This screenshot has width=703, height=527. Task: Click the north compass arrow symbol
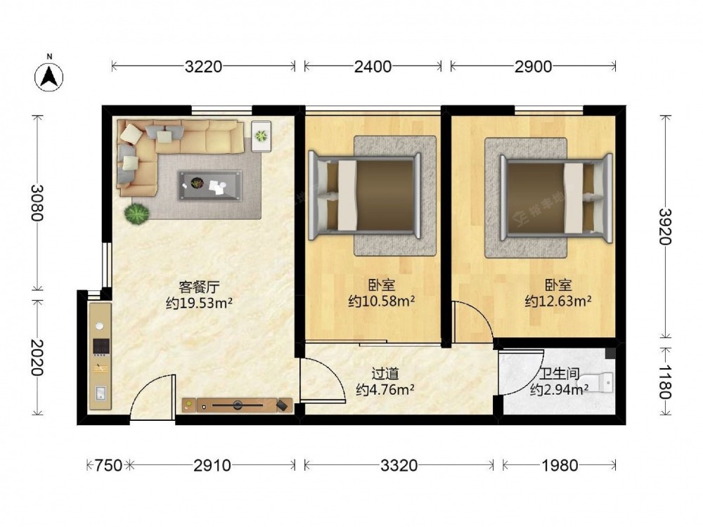tap(49, 77)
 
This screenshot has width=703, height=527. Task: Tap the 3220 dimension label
tap(203, 67)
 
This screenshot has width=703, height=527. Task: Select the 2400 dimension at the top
tap(373, 67)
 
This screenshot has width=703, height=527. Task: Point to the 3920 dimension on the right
tap(664, 227)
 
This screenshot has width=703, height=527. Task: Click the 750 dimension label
tap(108, 466)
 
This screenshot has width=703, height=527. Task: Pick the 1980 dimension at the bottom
tap(560, 466)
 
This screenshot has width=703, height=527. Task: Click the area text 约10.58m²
tap(382, 301)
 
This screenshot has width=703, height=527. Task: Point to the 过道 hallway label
tap(385, 373)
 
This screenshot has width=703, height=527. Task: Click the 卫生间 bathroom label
tap(559, 373)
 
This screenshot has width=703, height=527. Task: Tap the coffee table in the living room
tap(209, 185)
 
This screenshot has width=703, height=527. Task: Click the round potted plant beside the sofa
tap(136, 214)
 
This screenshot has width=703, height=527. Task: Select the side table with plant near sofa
tap(261, 136)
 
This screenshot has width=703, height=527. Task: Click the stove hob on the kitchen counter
tap(101, 346)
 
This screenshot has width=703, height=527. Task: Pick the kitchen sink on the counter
tap(101, 393)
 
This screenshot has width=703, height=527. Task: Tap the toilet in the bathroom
tap(598, 382)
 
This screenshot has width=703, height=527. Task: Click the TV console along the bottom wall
tap(238, 405)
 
